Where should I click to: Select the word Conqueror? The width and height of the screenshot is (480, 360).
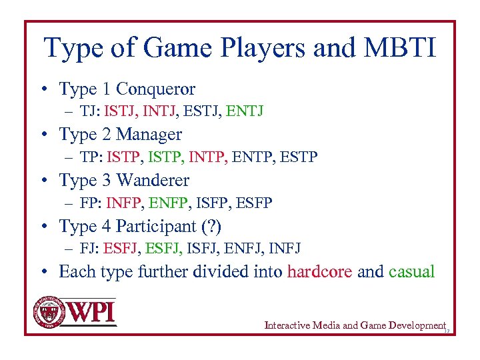point(156,89)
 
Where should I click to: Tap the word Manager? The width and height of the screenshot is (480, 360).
point(149,134)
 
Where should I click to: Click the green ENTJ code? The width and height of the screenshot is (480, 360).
point(245,111)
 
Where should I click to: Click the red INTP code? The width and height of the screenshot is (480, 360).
point(208,157)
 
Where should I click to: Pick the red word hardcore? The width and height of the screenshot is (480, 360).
point(319,272)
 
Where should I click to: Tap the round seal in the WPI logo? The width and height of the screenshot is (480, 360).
point(49,311)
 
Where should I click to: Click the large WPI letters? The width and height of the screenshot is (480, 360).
point(92,312)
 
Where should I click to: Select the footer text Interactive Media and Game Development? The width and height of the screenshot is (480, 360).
point(354,325)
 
